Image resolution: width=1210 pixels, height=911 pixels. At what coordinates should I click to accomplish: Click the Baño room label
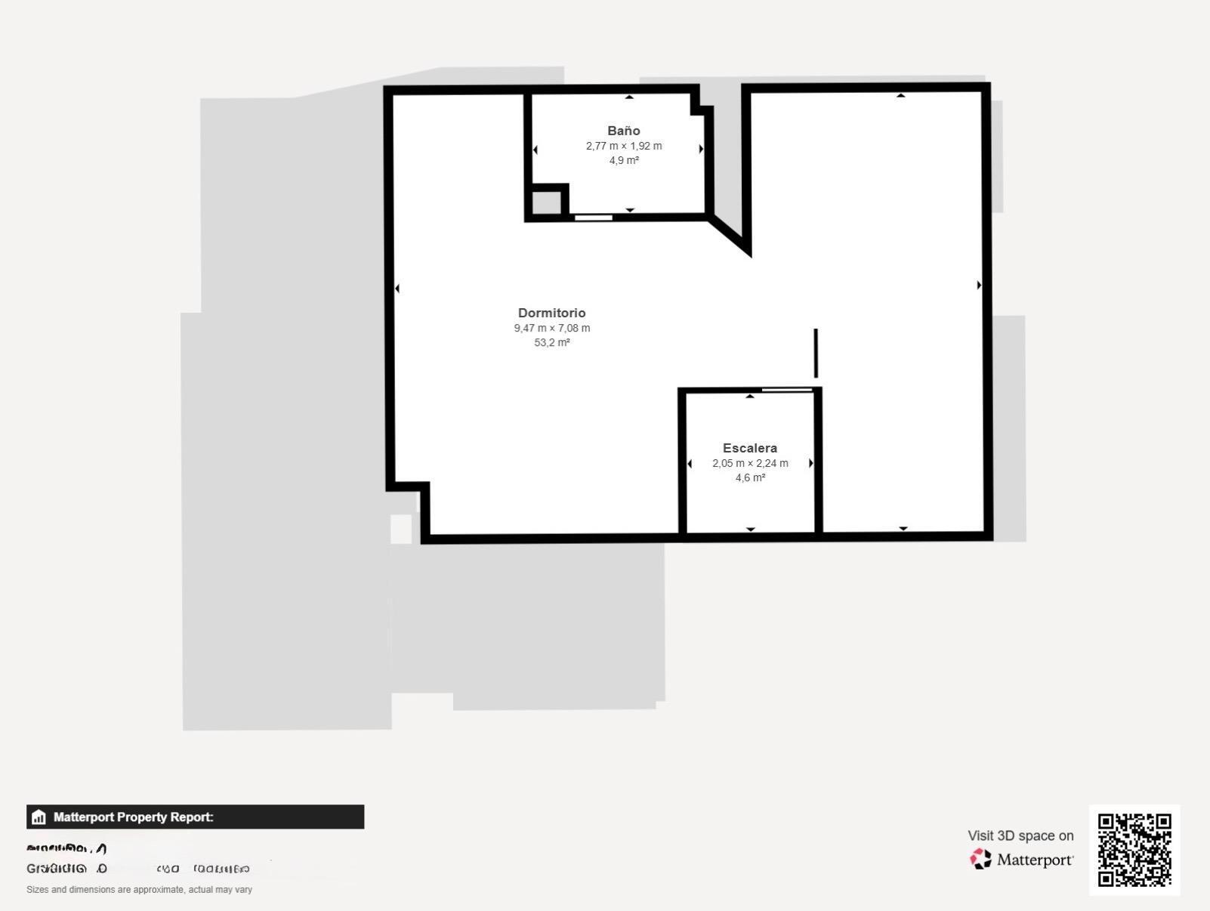(x=623, y=131)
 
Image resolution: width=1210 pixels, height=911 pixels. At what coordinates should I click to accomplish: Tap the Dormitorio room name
(x=551, y=313)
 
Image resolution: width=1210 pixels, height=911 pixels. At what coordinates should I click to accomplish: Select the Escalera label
(x=749, y=448)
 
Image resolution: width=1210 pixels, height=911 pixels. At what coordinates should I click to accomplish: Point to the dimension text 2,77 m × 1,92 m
(x=623, y=146)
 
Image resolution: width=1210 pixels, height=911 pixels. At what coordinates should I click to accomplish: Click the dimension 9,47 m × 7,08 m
(x=551, y=328)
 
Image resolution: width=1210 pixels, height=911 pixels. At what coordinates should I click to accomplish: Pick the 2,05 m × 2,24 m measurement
(x=749, y=463)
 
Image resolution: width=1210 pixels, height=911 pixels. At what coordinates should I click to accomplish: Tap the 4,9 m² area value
(x=624, y=160)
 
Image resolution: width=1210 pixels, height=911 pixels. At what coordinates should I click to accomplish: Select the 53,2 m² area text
(x=551, y=342)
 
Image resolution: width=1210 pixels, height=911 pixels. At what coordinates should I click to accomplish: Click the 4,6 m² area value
(x=750, y=477)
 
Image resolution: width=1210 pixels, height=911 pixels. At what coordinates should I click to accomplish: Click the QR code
(x=1134, y=849)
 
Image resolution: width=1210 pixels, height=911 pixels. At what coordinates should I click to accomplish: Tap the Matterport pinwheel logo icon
(x=980, y=859)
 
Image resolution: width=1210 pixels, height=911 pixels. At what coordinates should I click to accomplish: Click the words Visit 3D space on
(x=1020, y=835)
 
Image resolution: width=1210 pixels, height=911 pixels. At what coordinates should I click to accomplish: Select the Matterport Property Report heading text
(x=133, y=817)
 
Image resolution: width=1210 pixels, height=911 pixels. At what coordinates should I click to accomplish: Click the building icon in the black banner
(x=39, y=817)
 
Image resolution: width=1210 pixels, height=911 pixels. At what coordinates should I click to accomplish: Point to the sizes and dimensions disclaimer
(x=139, y=890)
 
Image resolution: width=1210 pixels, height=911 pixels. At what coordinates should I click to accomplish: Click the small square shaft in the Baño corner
(x=547, y=202)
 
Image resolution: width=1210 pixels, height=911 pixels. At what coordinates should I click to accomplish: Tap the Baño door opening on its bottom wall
(x=593, y=218)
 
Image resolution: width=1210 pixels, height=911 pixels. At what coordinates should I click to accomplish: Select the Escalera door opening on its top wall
(x=786, y=390)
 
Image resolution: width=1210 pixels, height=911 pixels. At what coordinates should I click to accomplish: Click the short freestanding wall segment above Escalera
(x=816, y=353)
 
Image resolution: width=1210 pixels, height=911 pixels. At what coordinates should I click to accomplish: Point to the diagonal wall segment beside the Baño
(x=730, y=235)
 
